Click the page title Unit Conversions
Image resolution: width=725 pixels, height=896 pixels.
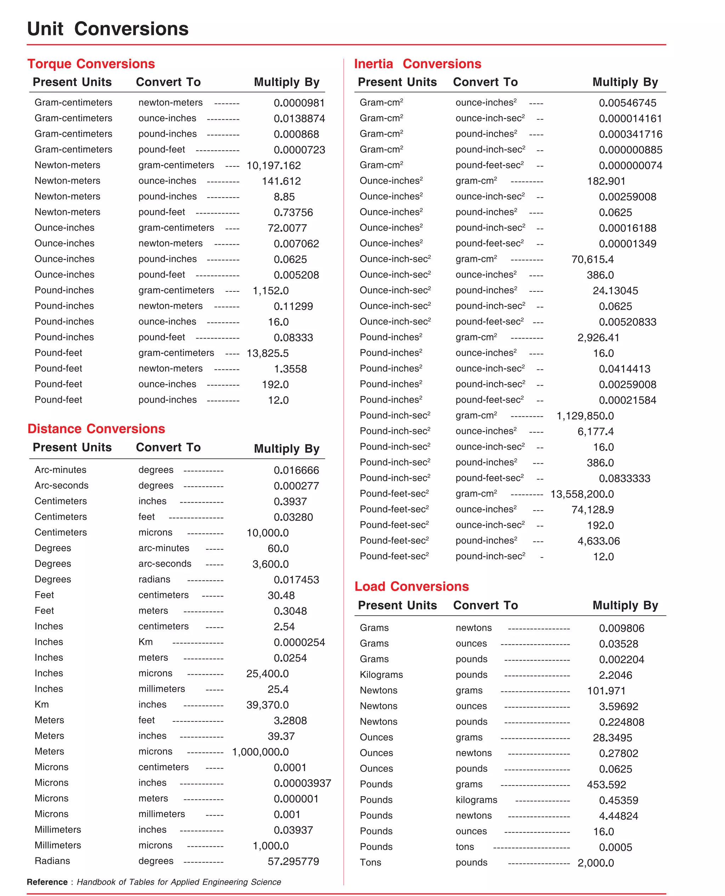point(108,29)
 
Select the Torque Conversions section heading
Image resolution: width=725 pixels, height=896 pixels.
point(91,63)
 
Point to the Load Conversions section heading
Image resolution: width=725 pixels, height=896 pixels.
point(411,586)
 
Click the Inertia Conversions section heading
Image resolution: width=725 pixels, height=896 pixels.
point(418,63)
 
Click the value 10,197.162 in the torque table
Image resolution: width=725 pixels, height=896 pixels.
point(274,165)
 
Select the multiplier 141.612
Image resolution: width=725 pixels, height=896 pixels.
point(281,181)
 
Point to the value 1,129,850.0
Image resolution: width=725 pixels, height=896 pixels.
point(585,416)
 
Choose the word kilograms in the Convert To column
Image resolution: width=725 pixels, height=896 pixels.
point(476,800)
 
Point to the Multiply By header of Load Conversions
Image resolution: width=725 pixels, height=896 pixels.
point(625,605)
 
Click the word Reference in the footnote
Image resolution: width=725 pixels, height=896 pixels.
point(47,882)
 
